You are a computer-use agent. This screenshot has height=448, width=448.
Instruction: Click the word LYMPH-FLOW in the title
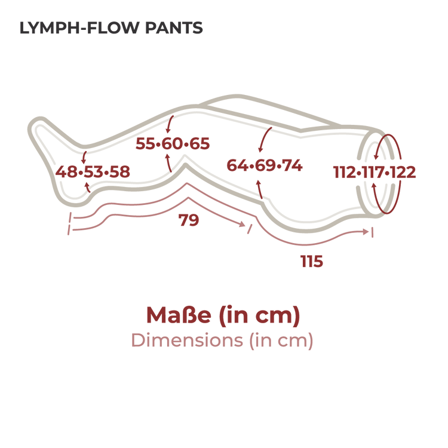(x=79, y=28)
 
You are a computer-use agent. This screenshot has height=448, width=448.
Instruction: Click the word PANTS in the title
(x=174, y=28)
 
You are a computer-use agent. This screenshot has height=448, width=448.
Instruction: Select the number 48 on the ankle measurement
(x=66, y=171)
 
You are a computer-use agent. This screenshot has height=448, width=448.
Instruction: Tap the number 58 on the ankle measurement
(x=119, y=171)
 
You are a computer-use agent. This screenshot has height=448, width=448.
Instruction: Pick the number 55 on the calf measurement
(x=146, y=143)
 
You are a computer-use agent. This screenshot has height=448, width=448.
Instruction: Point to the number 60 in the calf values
(x=173, y=143)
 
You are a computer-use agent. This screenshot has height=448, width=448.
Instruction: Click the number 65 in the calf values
(x=200, y=143)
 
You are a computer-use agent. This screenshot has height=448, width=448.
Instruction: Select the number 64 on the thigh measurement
(x=238, y=165)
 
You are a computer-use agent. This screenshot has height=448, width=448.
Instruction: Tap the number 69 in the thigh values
(x=265, y=165)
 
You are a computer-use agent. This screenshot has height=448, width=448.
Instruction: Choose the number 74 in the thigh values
(x=291, y=165)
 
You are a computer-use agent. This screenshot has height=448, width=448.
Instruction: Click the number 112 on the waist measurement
(x=344, y=172)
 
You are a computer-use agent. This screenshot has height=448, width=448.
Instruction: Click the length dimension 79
(x=189, y=220)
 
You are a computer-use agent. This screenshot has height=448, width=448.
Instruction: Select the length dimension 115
(x=312, y=261)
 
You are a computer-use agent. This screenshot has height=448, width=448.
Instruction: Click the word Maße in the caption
(x=179, y=315)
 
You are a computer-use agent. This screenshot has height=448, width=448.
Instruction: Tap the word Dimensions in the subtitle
(x=187, y=340)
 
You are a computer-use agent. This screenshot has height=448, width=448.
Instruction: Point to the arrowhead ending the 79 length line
(x=243, y=224)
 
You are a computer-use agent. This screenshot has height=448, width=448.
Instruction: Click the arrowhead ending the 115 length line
(x=366, y=232)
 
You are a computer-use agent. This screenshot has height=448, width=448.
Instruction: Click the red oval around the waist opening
(x=400, y=174)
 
